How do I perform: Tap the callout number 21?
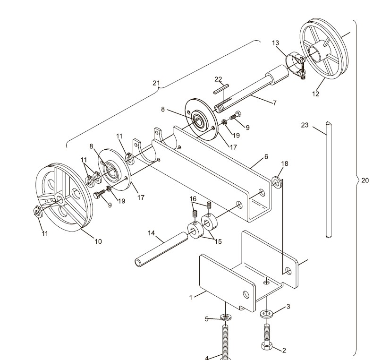coord(156,83)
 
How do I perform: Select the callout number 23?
coord(305,125)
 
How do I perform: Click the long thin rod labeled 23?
coord(328,180)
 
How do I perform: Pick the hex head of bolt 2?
coord(266,346)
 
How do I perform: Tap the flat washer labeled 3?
coord(266,314)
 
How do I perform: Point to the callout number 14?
coord(151,233)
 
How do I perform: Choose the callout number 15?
coord(218,242)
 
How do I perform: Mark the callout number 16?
coord(193,199)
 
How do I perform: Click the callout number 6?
coord(266,156)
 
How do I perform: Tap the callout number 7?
coord(274,103)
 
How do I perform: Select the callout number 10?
coord(98,241)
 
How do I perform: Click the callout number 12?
coord(315,94)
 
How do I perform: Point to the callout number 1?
coord(191,298)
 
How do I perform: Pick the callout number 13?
coord(276,43)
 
